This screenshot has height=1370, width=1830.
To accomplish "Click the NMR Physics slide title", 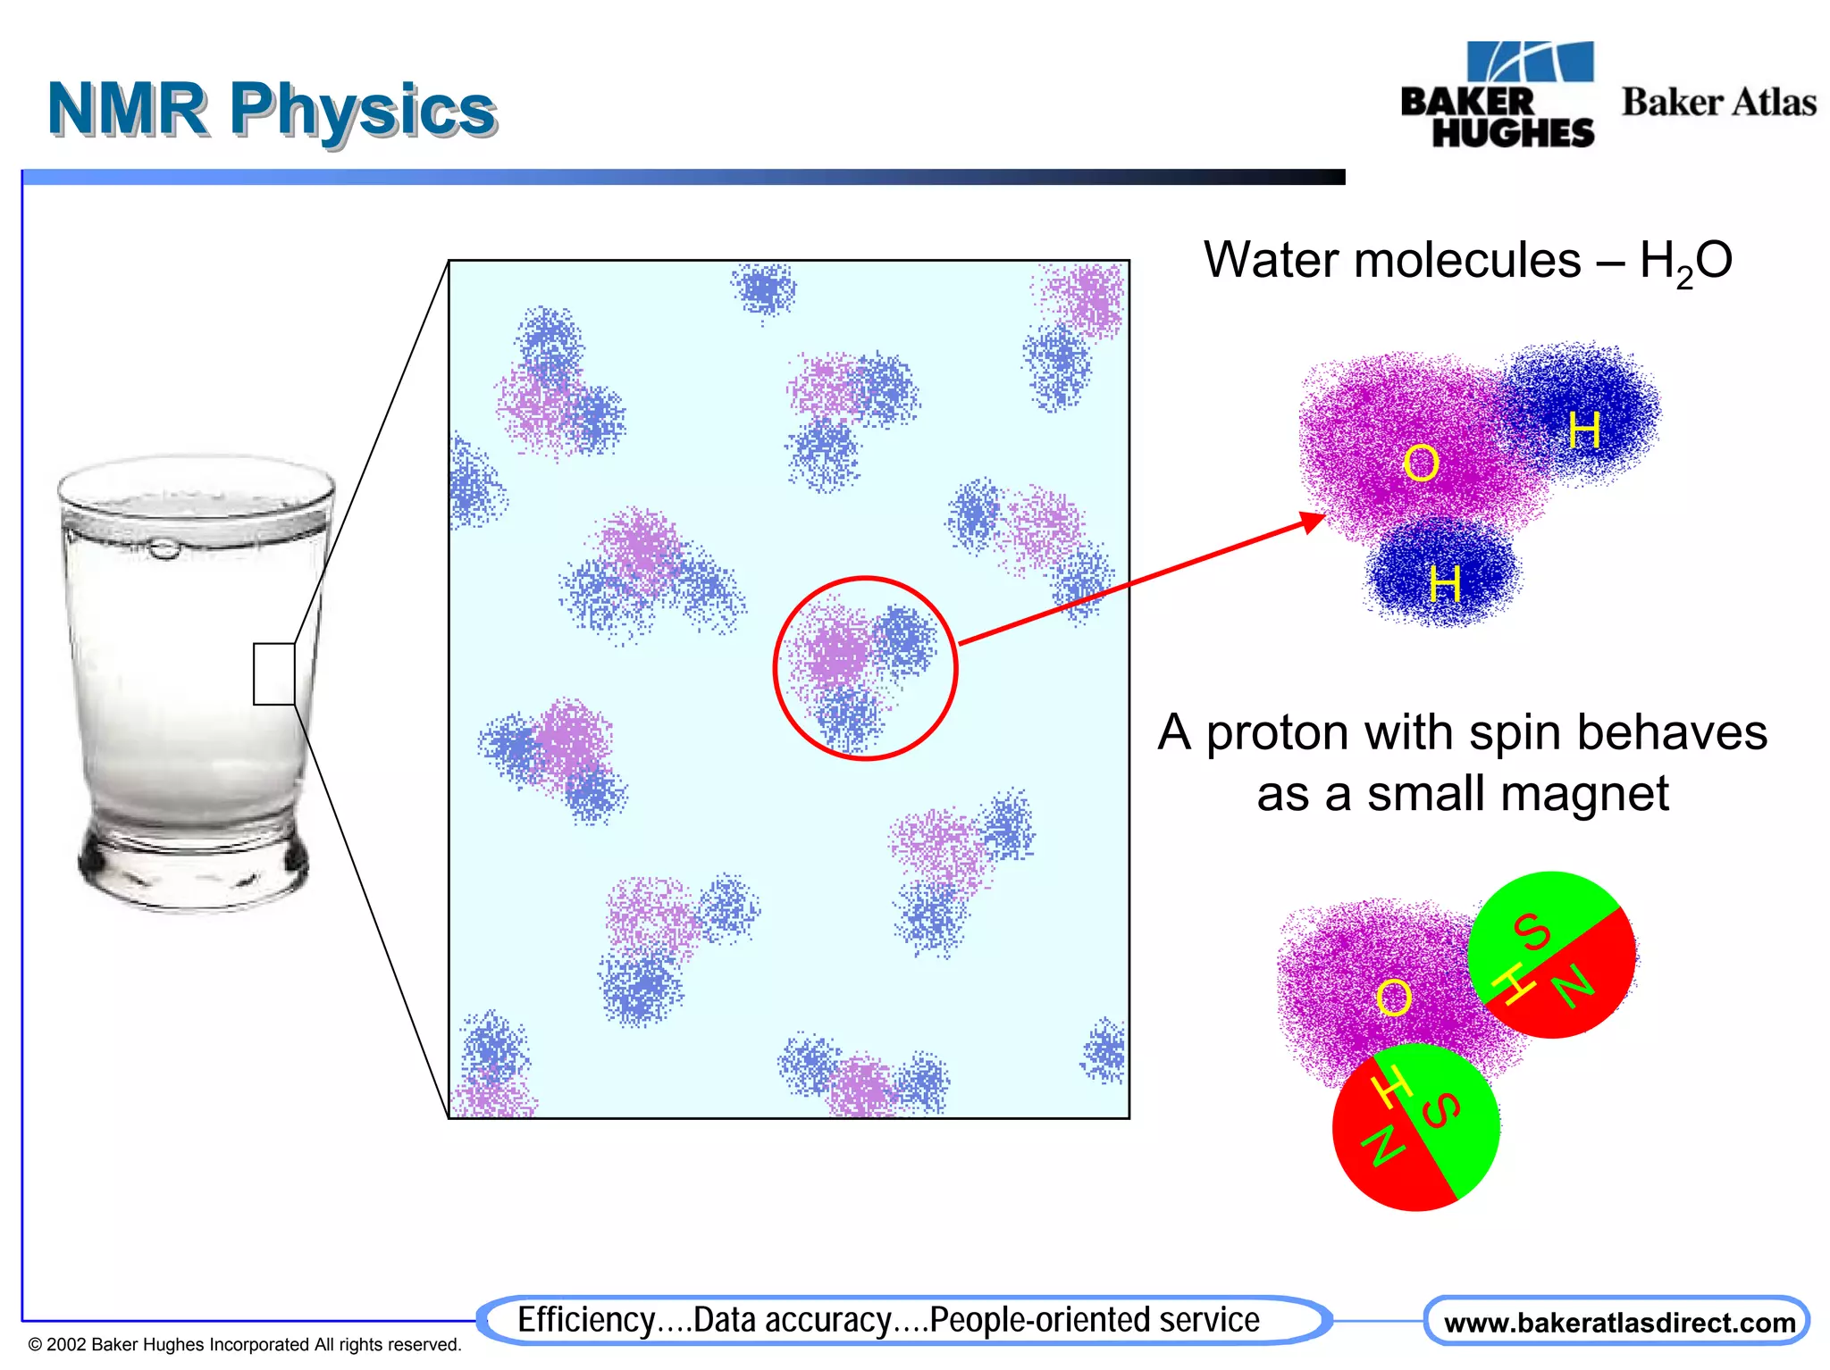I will tap(272, 110).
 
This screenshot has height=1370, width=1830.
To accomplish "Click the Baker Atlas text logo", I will tap(1718, 103).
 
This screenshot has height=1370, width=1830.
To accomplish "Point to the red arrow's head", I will tap(1314, 520).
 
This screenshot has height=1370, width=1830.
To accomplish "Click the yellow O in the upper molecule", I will tap(1420, 464).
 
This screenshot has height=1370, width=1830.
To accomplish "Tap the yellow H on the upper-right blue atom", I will tap(1584, 430).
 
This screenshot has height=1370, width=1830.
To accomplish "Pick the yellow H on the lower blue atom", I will tap(1444, 584).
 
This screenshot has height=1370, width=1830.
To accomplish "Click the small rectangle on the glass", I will tap(273, 673).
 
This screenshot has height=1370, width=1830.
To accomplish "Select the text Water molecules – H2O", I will tap(1467, 262).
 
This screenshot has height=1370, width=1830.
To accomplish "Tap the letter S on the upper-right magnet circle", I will tap(1532, 931).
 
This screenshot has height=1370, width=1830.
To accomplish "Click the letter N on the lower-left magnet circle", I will tap(1381, 1146).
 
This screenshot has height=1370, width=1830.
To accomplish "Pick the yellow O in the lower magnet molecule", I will tap(1393, 998).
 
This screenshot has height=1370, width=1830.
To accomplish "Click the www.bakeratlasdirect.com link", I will tap(1619, 1323).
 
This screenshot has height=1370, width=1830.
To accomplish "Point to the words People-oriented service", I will tap(1094, 1320).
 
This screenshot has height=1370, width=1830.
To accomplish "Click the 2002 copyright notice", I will tap(245, 1344).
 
